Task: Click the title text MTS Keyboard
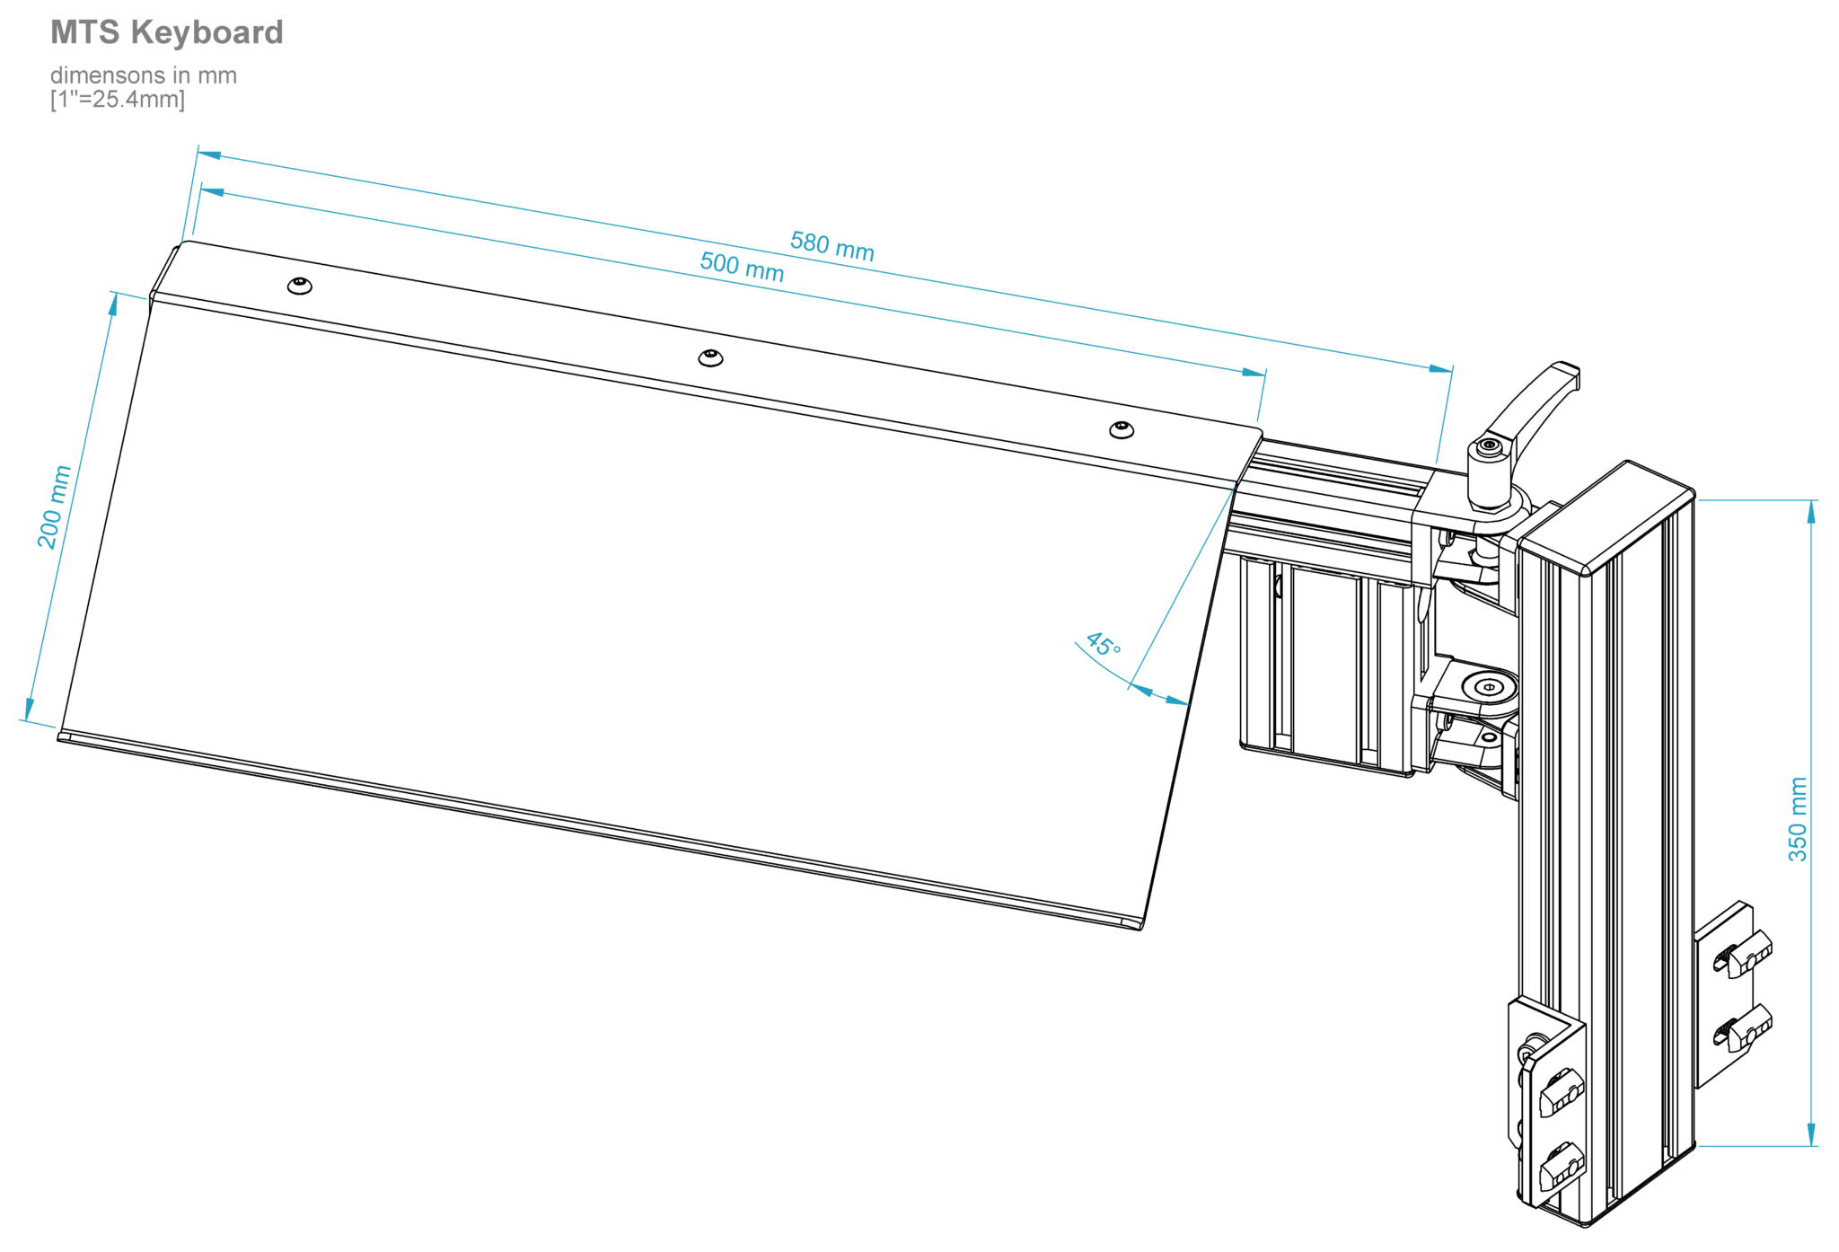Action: coord(167,32)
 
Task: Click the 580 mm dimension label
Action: coord(832,246)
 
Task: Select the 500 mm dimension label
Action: coord(742,268)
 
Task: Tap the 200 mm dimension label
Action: coord(53,507)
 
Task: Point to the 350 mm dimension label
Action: coord(1797,819)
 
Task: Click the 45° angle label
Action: coord(1103,644)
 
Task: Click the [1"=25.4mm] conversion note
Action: coord(118,100)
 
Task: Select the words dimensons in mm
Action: coord(144,75)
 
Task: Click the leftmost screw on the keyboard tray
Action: coord(300,286)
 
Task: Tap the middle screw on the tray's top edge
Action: coord(710,358)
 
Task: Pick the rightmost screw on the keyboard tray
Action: coord(1121,430)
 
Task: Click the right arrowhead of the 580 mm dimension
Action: coord(1440,368)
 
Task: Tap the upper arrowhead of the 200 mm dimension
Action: coord(113,305)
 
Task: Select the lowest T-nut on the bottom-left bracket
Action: coord(1561,1168)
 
